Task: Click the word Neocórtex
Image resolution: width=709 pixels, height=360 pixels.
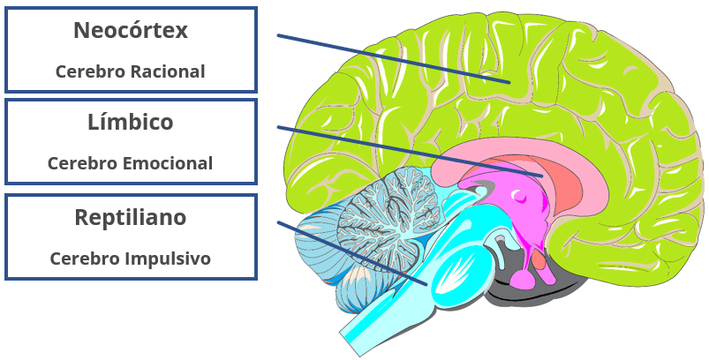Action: pyautogui.click(x=131, y=31)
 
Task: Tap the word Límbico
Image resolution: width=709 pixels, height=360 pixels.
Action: pyautogui.click(x=131, y=122)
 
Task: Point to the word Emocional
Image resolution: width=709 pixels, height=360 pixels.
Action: pyautogui.click(x=167, y=163)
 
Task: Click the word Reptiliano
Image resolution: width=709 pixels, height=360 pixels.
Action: pyautogui.click(x=131, y=217)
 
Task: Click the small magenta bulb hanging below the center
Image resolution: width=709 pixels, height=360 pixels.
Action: pyautogui.click(x=522, y=278)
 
